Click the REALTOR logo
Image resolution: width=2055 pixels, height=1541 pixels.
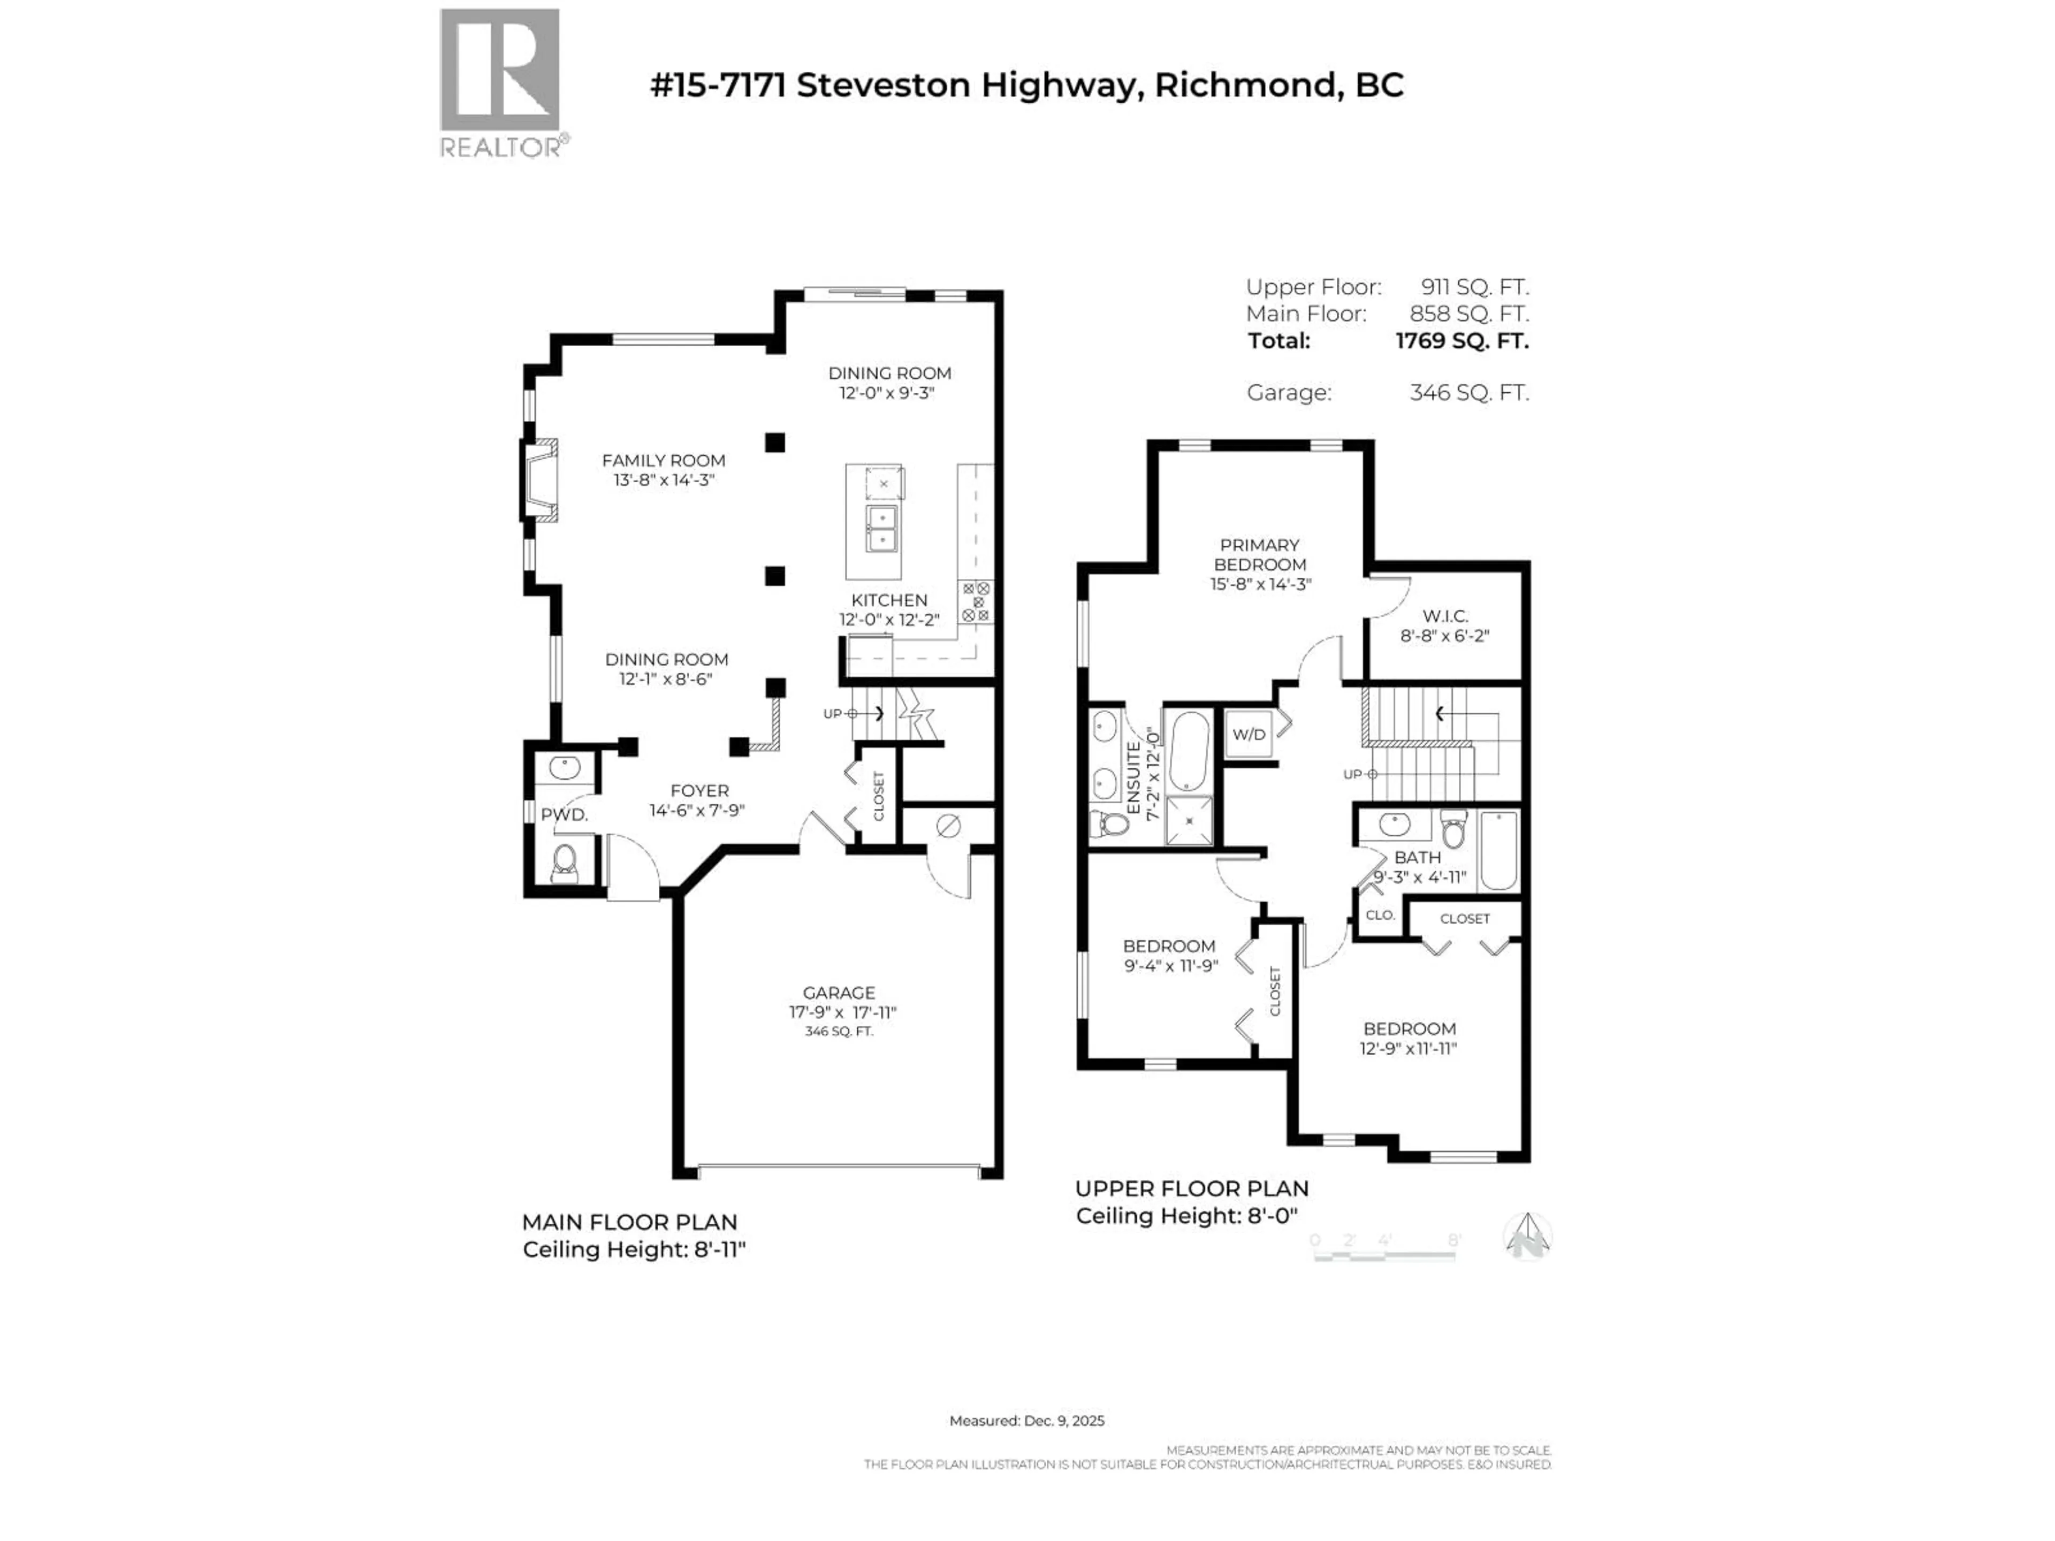point(500,82)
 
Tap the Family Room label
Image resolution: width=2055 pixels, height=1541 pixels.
point(663,461)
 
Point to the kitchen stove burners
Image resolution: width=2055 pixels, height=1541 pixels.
point(977,602)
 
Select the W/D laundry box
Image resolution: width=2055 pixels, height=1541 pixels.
point(1249,735)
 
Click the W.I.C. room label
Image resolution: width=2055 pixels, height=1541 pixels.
point(1444,616)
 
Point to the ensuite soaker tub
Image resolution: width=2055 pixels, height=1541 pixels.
point(1188,751)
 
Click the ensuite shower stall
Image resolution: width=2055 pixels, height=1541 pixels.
point(1189,821)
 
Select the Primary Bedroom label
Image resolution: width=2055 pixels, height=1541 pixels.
point(1260,554)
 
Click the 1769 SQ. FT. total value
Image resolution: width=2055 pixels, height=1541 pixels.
point(1462,341)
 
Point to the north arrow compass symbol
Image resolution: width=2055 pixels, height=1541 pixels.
point(1527,1237)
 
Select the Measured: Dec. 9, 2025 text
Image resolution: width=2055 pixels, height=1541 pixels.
point(1026,1420)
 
